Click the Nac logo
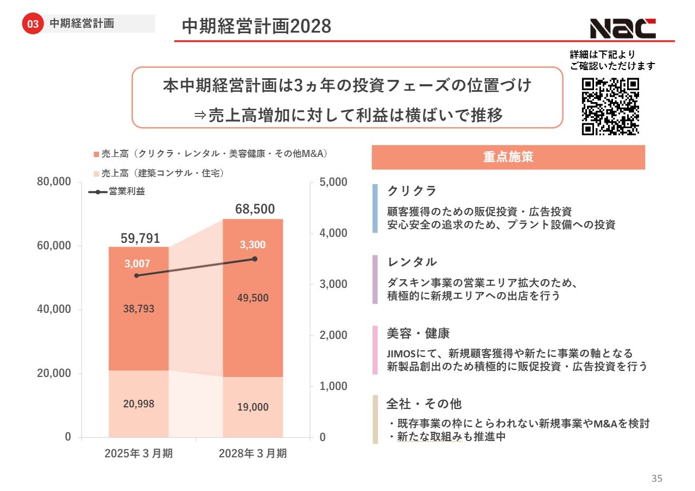pos(623,28)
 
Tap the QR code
pos(610,106)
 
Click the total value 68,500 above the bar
pos(255,209)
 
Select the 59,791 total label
pos(140,238)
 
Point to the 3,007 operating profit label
pos(137,264)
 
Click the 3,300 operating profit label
pos(253,245)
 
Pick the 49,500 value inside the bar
pos(253,298)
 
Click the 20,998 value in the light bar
pos(139,404)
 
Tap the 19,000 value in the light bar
pos(253,407)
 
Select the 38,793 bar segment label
pos(139,309)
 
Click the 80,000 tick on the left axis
pos(54,182)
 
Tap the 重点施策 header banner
pos(508,158)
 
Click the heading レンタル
pos(412,262)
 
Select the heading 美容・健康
pos(418,333)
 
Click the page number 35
pos(657,479)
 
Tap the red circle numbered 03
pos(33,24)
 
